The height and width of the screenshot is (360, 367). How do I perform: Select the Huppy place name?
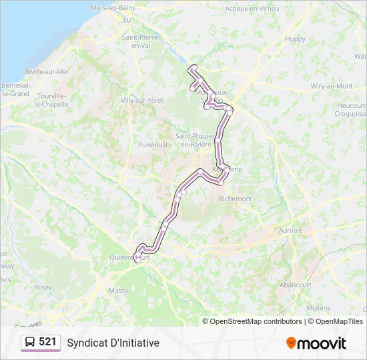coord(295,39)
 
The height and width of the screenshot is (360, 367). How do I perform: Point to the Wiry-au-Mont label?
coord(332,86)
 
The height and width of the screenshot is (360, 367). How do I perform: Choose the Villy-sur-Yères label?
coord(142,100)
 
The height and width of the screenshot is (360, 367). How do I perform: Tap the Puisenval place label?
coord(152,144)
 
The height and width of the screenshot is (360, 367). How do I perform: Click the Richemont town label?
coord(236,199)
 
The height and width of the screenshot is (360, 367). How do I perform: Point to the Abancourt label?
coord(296,284)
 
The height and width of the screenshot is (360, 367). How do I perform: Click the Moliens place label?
coord(318,308)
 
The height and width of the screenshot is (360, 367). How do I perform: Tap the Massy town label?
coord(118,291)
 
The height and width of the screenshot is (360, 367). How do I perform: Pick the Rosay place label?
coord(43,287)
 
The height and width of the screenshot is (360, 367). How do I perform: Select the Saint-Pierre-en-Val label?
coord(140,41)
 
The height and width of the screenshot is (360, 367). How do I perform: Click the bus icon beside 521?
coord(30,342)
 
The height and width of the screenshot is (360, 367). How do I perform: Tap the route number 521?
coord(47,342)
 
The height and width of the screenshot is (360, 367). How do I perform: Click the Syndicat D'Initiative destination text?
coord(113,343)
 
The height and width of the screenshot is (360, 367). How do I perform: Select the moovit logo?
coord(316,343)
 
